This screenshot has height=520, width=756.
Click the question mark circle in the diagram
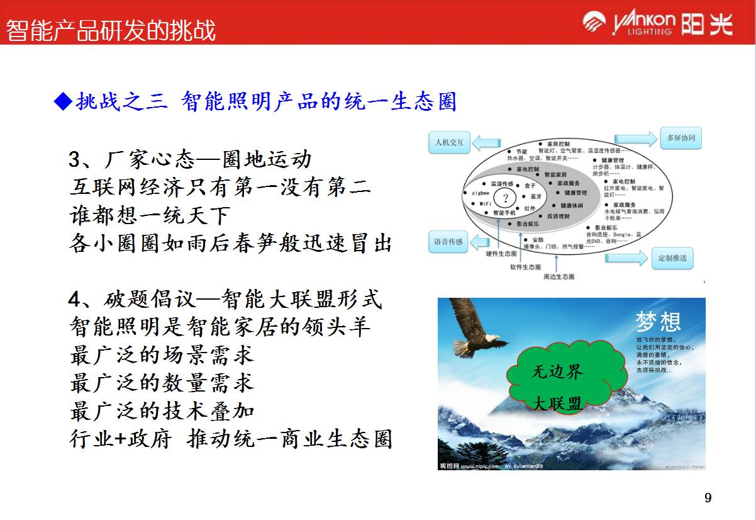click(504, 198)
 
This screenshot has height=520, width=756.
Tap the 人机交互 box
click(449, 142)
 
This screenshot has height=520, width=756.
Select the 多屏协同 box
click(681, 138)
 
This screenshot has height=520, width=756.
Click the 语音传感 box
click(448, 242)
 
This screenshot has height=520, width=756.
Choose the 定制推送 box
click(672, 257)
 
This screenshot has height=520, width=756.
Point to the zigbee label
click(481, 193)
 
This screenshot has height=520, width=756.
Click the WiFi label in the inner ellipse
click(485, 204)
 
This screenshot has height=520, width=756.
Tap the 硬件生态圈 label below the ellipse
click(501, 254)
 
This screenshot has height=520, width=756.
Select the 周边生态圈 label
click(559, 276)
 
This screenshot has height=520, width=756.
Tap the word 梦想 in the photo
click(658, 322)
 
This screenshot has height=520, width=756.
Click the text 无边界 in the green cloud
click(557, 371)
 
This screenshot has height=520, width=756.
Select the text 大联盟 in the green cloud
click(557, 404)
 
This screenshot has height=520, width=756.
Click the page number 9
click(708, 499)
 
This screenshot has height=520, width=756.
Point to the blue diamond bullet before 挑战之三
click(63, 101)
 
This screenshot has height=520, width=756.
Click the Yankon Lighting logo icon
click(594, 23)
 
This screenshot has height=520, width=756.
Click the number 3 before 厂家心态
click(74, 160)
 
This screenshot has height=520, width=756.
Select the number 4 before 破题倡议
click(74, 300)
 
